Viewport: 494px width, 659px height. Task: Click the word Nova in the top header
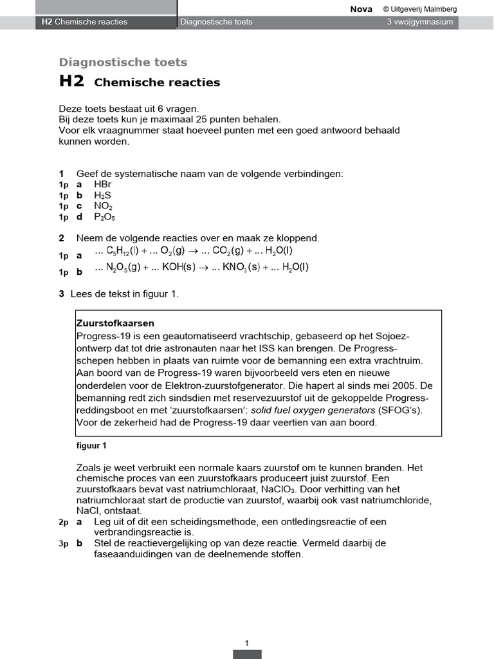361,9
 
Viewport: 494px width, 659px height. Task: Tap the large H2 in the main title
71,82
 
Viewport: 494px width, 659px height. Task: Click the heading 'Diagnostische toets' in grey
123,62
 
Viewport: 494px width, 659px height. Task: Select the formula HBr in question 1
102,184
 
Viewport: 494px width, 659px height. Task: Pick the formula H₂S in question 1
102,195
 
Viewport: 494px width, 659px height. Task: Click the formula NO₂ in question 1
103,206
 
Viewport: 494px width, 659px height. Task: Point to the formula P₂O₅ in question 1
104,217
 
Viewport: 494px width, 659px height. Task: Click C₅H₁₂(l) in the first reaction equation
120,251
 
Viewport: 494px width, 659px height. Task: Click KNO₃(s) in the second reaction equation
241,268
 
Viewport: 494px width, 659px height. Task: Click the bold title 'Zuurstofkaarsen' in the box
115,323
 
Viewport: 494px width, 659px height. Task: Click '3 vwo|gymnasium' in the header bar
419,22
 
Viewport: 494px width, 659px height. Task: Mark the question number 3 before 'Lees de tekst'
61,294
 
